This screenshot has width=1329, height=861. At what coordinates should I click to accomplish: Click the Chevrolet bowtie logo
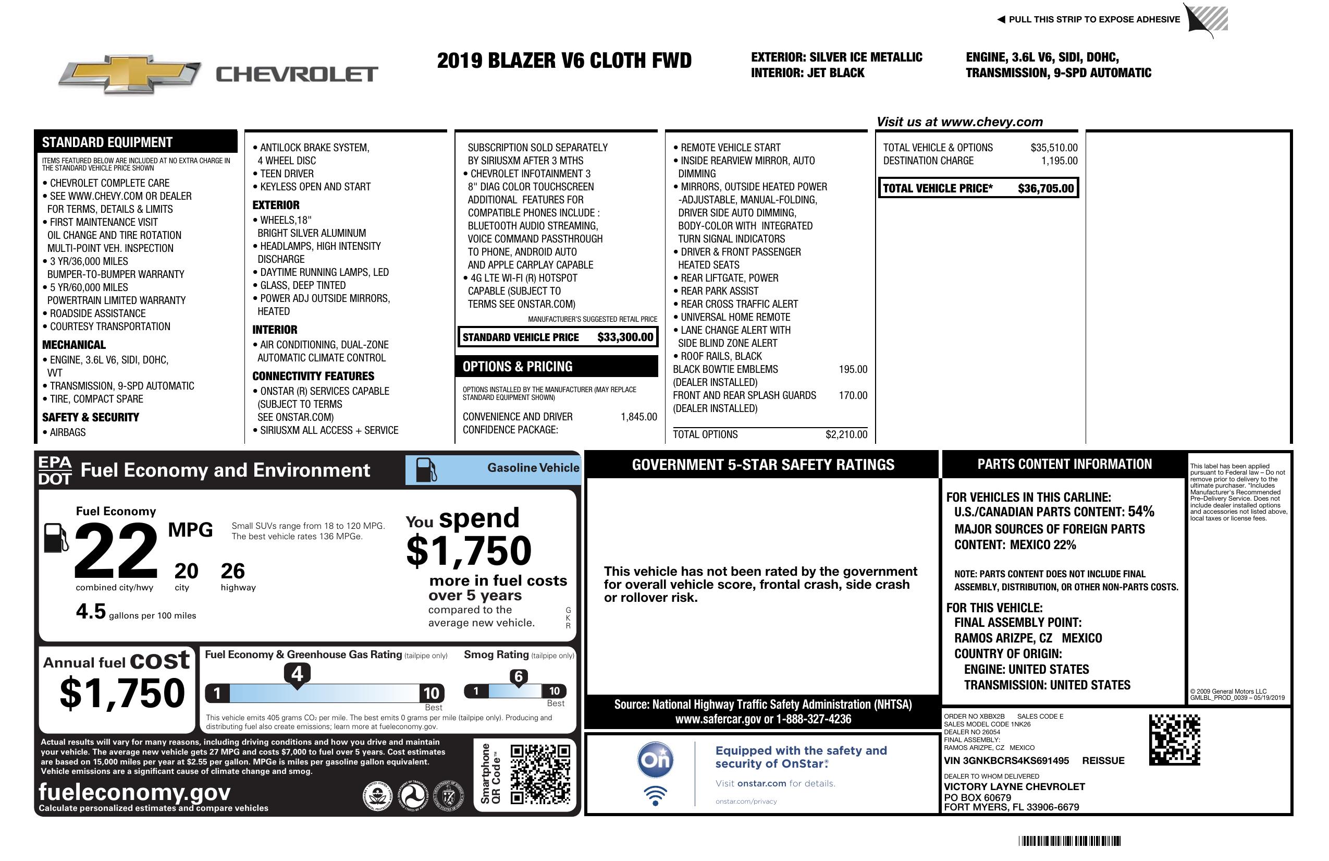click(x=130, y=74)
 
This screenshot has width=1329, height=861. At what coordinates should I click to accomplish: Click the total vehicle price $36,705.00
click(x=1045, y=188)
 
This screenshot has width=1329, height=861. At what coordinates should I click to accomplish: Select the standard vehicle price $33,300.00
click(x=625, y=337)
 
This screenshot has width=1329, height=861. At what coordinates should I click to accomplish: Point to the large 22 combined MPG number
click(x=116, y=550)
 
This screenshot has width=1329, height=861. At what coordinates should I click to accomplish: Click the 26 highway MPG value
click(x=232, y=571)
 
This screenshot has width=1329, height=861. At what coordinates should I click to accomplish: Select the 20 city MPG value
click(x=186, y=571)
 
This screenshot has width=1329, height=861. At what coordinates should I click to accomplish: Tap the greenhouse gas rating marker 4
click(x=297, y=674)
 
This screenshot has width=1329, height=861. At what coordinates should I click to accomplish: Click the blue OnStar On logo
click(x=655, y=760)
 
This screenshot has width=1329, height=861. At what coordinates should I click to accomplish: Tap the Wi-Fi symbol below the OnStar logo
click(x=655, y=796)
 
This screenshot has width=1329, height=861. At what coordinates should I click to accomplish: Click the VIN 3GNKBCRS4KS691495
click(x=1006, y=760)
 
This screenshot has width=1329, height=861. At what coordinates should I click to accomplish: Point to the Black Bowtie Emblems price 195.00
click(x=853, y=369)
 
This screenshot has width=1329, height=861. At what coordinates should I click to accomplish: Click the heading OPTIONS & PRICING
click(x=517, y=367)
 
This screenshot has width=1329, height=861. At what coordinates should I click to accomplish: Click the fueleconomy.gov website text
click(x=134, y=792)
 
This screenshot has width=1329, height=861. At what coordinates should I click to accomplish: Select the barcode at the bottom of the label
click(x=1069, y=841)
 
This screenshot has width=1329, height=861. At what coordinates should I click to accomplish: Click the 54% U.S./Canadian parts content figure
click(x=1141, y=511)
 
